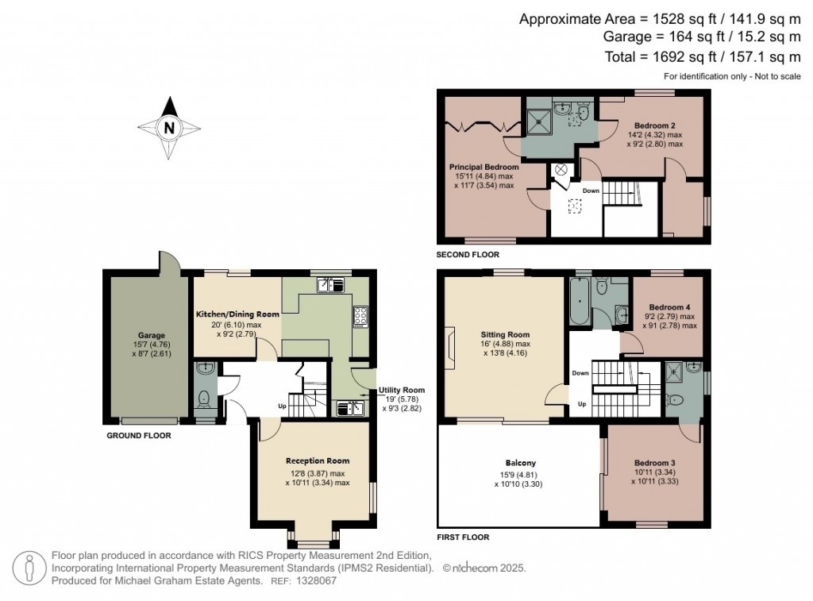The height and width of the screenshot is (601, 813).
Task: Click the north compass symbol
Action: pos(168,127)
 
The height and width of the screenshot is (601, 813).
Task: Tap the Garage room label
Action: pos(150,336)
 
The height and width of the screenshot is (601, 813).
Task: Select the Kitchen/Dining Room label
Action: pos(237,314)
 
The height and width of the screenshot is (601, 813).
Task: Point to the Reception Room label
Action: pos(318,460)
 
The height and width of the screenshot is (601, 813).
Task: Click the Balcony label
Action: pos(521,463)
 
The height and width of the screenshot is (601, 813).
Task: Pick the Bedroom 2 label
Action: pos(655,125)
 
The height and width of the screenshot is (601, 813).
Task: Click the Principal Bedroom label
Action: pos(484,168)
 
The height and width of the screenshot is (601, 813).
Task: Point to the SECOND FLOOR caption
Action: pos(468,255)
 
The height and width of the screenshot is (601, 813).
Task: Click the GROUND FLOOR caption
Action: pos(139,435)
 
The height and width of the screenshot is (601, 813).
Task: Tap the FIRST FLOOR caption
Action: pos(463,537)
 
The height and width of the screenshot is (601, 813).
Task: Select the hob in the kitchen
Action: pos(360,316)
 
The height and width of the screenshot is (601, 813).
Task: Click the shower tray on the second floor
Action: pos(543,120)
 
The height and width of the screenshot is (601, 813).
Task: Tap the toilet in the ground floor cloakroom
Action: pos(204,398)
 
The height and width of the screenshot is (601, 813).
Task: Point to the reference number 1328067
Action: pos(316,580)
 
